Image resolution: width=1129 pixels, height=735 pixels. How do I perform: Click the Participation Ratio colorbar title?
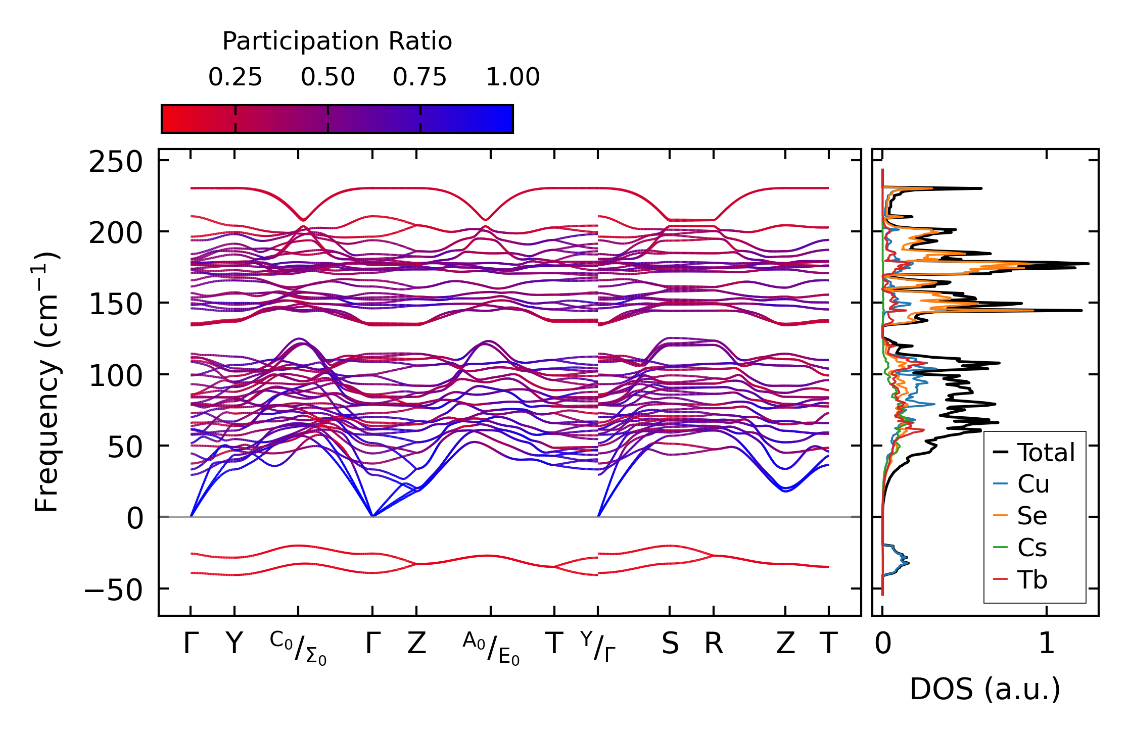point(337,41)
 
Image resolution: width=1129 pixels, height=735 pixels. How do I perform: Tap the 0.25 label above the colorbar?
point(235,77)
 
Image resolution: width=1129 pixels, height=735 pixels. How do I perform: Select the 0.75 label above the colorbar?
point(420,77)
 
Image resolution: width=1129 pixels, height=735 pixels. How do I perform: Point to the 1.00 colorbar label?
point(512,77)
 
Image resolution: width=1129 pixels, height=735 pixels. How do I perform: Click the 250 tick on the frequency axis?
point(116,163)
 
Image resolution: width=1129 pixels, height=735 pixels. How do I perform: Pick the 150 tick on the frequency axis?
point(116,305)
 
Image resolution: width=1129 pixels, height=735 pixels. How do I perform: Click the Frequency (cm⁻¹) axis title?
point(47,382)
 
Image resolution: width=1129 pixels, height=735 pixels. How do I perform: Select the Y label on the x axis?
point(234,644)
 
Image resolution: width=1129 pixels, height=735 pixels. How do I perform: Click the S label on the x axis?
point(670,644)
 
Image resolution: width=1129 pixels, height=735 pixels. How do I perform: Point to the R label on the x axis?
point(714,644)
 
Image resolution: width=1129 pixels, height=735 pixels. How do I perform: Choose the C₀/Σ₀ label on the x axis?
point(298,648)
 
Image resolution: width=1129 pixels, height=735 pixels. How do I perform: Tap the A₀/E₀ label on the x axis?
point(491,648)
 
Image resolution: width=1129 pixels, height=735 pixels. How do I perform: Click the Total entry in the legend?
point(1046,453)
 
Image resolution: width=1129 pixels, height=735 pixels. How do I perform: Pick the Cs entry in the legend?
point(1031,548)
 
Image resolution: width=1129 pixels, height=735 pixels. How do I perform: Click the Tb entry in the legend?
point(1032,580)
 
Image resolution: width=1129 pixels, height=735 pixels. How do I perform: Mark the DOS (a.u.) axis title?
point(985,689)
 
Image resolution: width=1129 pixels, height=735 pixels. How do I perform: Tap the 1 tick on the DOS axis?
point(1047,644)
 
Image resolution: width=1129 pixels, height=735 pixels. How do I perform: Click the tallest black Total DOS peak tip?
point(1088,264)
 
